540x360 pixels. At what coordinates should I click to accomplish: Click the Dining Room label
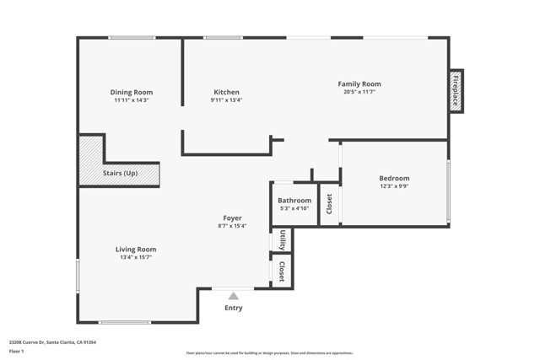pos(131,92)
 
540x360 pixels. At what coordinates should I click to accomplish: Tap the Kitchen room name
pos(225,92)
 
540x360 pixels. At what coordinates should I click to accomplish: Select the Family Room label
pos(359,83)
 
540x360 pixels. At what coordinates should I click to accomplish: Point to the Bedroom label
pos(394,178)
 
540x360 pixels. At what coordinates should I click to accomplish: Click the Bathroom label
pos(294,200)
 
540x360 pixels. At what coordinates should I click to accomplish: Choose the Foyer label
pos(232,218)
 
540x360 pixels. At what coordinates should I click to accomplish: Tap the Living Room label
pos(136,249)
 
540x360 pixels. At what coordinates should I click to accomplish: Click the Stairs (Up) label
pos(120,174)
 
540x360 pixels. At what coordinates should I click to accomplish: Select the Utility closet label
pos(282,239)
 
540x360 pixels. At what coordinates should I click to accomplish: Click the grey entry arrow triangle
pos(233,296)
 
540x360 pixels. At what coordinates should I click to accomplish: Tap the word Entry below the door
pos(233,308)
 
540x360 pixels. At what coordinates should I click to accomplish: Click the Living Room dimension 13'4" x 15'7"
pos(136,257)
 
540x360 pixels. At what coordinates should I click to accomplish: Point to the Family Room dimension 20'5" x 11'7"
pos(359,92)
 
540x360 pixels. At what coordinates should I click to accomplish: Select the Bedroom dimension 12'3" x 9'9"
pos(394,186)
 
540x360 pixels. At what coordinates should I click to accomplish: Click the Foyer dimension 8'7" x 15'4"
pos(232,226)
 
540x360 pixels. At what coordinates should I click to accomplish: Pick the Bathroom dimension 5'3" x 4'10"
pos(294,208)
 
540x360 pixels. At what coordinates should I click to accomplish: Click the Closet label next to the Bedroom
pos(329,203)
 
